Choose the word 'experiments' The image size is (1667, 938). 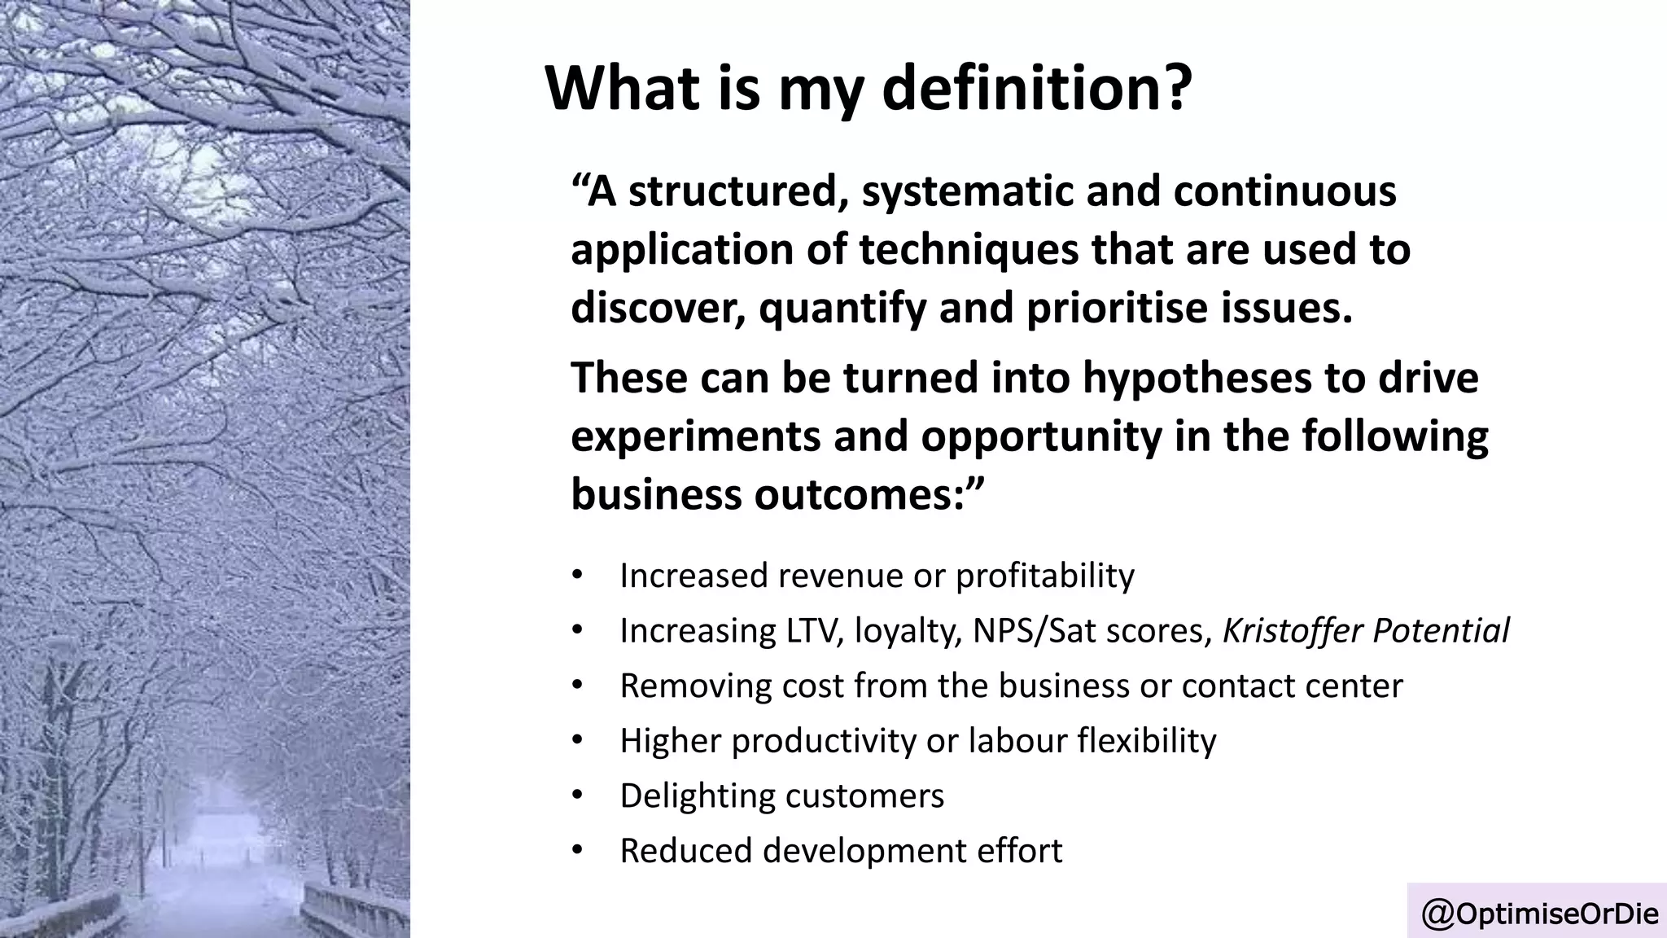695,437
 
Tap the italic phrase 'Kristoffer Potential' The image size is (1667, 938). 1366,630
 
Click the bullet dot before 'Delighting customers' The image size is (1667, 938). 578,794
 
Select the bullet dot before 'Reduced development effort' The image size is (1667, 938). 578,849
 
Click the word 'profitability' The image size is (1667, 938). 1044,576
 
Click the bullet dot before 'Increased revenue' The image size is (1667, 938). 578,574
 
